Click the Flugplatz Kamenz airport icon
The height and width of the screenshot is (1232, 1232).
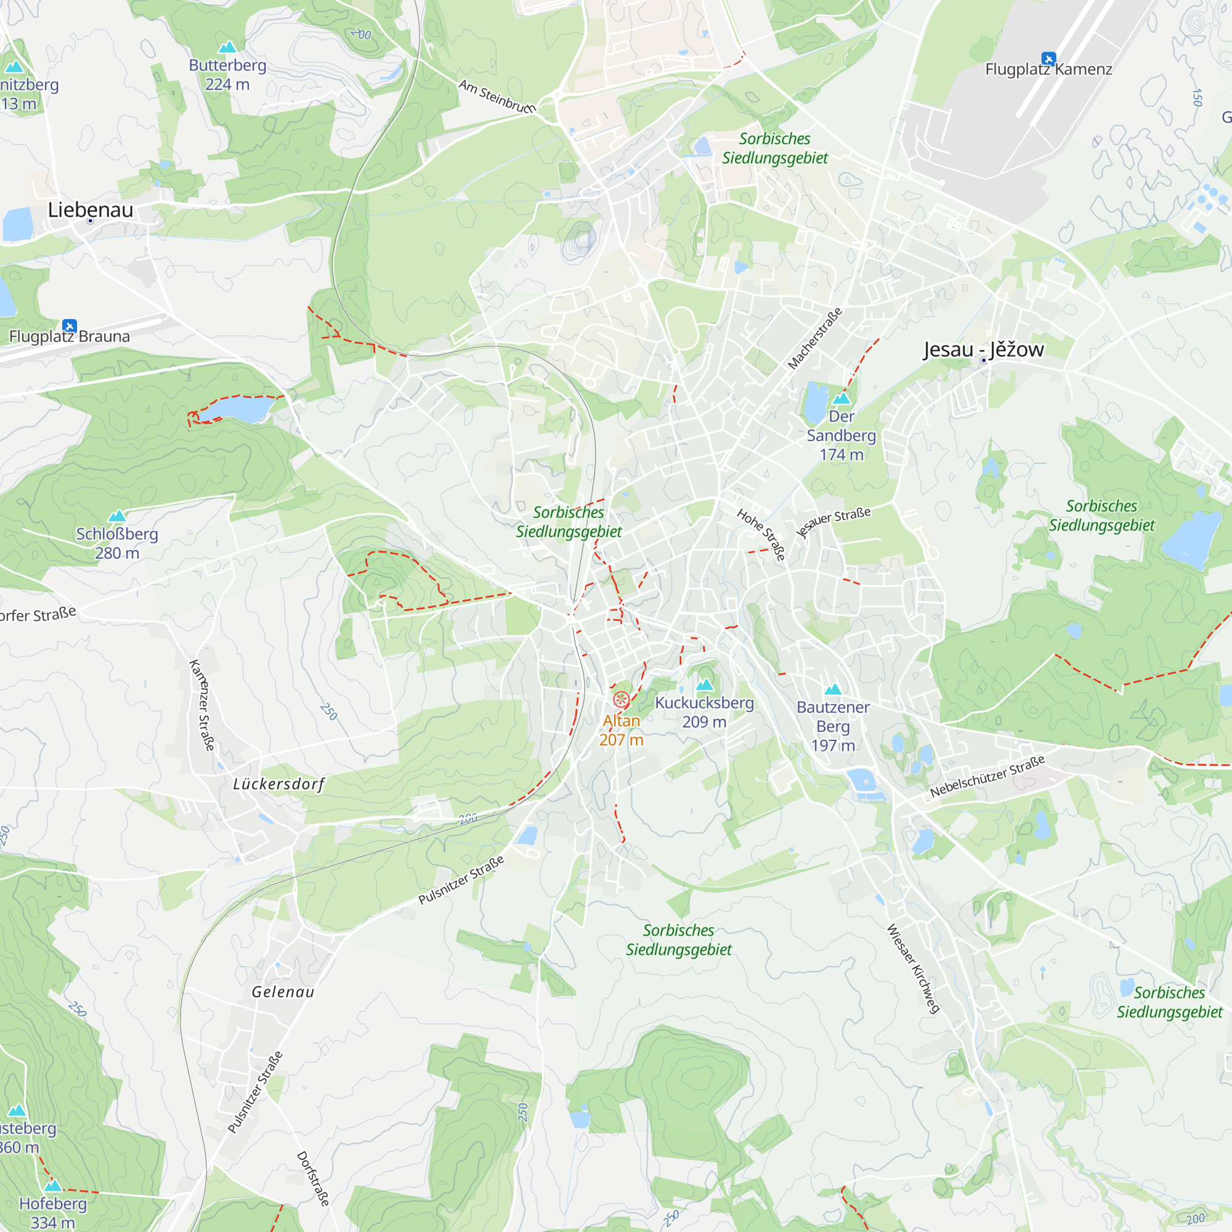(1048, 59)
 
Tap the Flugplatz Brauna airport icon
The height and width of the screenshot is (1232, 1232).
(70, 326)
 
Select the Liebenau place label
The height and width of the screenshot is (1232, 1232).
(91, 210)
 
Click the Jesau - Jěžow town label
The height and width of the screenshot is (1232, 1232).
(983, 349)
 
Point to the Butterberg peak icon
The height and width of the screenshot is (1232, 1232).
(227, 47)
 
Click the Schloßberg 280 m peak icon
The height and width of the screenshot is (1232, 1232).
(116, 516)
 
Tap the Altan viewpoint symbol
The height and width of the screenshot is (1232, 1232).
(621, 700)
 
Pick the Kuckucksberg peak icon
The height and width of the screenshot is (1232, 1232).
(705, 685)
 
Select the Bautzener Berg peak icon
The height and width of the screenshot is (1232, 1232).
(833, 689)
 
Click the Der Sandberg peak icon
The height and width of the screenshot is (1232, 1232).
(841, 399)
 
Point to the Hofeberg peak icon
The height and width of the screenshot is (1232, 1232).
(53, 1185)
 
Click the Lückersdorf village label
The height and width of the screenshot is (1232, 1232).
(278, 784)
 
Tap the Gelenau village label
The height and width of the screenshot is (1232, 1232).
(283, 992)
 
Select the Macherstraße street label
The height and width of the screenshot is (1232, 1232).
(815, 339)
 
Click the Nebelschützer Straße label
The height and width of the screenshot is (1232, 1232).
(987, 776)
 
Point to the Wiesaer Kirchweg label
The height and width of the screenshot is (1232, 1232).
(913, 968)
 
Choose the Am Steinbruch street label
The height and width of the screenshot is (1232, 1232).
(497, 96)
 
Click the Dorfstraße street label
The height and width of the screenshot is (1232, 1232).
(313, 1178)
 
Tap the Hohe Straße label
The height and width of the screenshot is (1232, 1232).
(761, 534)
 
